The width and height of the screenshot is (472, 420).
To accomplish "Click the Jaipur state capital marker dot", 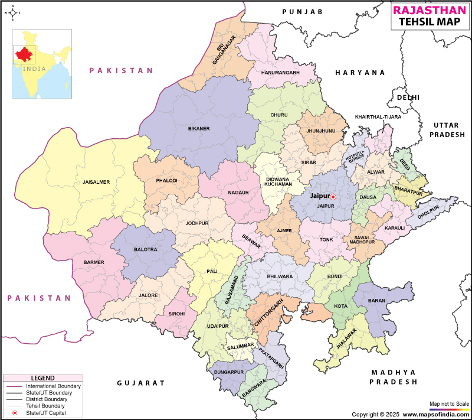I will click(x=333, y=197).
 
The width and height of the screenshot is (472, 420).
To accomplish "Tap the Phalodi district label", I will click(x=166, y=181).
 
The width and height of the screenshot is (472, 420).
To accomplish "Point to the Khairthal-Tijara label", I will click(x=378, y=117).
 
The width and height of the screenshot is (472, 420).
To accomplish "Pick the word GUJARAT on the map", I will click(x=141, y=383).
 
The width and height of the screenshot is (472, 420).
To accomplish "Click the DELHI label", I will click(x=408, y=97).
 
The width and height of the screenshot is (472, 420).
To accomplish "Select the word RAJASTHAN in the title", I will click(x=431, y=10).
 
